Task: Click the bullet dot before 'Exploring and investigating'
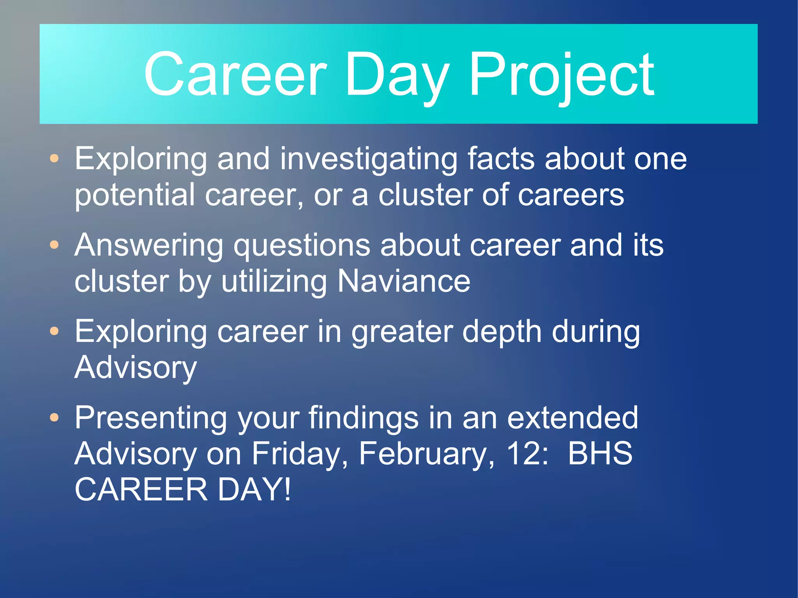[55, 158]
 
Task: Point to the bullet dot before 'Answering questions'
[55, 245]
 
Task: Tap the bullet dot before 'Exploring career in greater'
[55, 331]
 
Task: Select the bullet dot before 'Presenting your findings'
[55, 418]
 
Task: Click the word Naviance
[404, 281]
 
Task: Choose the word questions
[302, 247]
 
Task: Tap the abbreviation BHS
[600, 453]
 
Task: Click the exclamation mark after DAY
[288, 489]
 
